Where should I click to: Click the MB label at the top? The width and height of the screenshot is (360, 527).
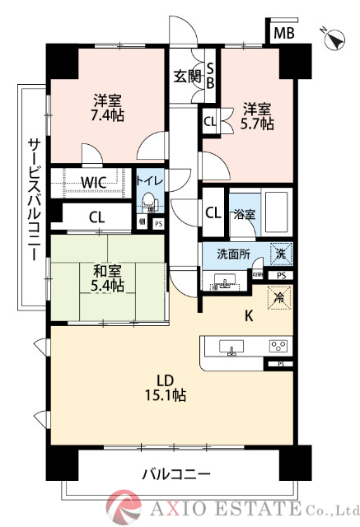[284, 33]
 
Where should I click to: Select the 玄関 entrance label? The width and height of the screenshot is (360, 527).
[187, 77]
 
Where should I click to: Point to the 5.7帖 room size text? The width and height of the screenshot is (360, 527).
[257, 124]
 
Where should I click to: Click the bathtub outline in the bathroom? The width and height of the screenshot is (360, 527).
[276, 212]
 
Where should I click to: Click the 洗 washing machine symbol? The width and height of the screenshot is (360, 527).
[280, 255]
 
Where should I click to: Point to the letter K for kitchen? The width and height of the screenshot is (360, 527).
[224, 315]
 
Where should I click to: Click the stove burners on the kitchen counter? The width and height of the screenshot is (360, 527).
[278, 346]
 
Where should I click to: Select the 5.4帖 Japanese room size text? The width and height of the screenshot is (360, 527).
[107, 285]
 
